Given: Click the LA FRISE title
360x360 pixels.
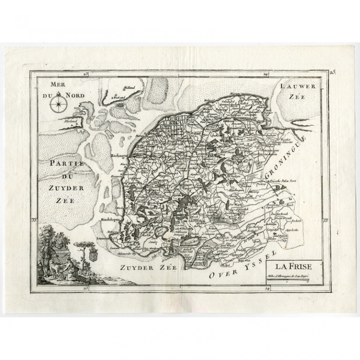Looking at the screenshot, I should [x=292, y=267].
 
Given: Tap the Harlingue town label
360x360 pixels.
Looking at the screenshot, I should [x=120, y=155].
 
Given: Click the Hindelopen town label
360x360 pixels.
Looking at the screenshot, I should [x=110, y=219].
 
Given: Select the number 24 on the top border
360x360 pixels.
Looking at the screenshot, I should [x=266, y=75].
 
